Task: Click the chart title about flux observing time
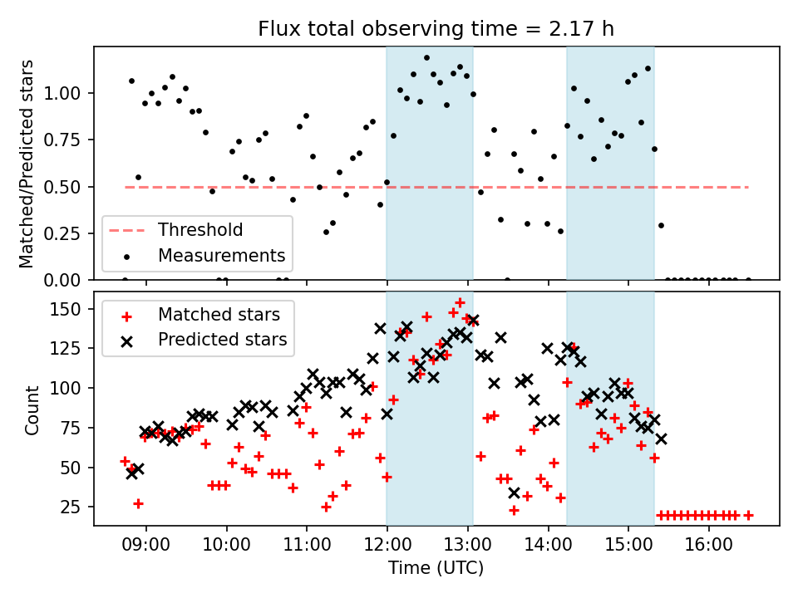pos(436,30)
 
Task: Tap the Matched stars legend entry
pos(219,315)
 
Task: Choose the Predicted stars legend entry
pos(222,339)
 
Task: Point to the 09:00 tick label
pos(146,550)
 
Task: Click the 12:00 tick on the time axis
pos(387,550)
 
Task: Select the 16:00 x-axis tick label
pos(708,550)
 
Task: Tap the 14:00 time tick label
pos(548,550)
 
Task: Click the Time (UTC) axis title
pos(436,570)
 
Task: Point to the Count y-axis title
pos(32,409)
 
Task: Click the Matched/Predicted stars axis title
pos(27,164)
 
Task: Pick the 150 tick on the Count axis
pos(71,309)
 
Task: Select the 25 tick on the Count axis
pos(75,507)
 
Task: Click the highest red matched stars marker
pos(460,302)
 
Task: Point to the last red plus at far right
pos(748,515)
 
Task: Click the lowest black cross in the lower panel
pos(514,493)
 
